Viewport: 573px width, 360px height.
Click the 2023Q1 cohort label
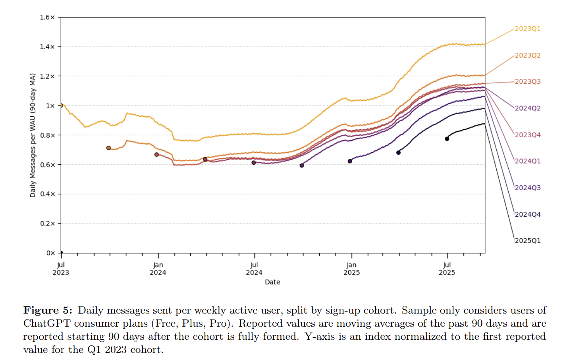[527, 29]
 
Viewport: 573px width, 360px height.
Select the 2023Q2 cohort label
[527, 55]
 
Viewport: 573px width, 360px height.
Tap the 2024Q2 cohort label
[527, 108]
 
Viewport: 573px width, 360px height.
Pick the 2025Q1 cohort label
[527, 241]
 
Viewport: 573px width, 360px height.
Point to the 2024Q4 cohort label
[527, 214]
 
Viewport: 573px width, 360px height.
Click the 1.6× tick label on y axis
[47, 17]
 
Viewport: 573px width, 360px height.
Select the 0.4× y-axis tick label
[47, 194]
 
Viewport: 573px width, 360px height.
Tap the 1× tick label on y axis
[50, 106]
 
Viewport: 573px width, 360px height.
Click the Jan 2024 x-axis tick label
[158, 269]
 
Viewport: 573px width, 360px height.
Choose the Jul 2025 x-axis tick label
[447, 269]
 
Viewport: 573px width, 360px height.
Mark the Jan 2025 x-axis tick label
[351, 269]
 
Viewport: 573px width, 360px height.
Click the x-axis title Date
[272, 282]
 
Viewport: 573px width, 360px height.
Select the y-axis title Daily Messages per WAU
[33, 135]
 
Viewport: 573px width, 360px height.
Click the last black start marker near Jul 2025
[447, 139]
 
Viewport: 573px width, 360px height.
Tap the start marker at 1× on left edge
[61, 106]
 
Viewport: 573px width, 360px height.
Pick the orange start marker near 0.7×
[108, 148]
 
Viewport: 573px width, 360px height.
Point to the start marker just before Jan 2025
[350, 161]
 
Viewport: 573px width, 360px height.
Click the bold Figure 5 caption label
[48, 310]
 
